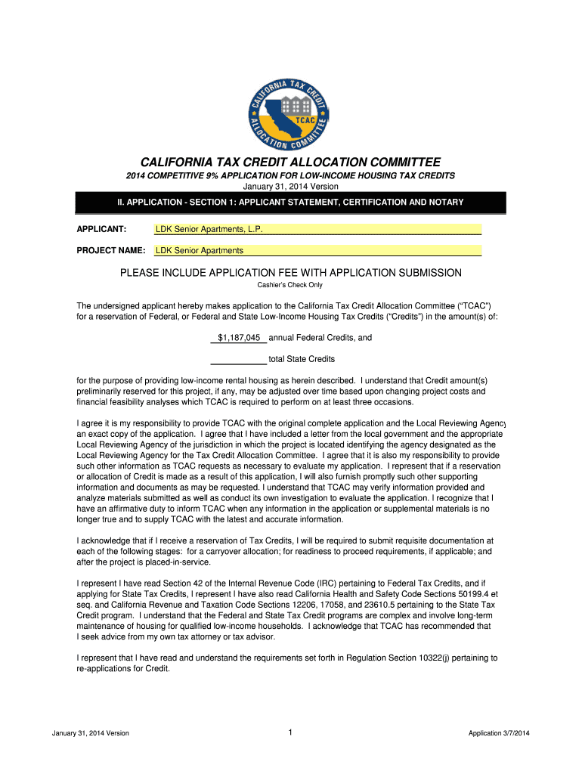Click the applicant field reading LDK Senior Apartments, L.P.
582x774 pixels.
coord(317,229)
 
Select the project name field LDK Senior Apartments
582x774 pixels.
coord(317,250)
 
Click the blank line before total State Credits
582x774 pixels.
coord(238,359)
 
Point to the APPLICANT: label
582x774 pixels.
coord(101,229)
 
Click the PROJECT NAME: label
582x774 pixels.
coord(112,250)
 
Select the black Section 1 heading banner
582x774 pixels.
coord(290,203)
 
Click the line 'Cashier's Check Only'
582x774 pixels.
coord(290,285)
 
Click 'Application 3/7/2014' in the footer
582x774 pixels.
coord(499,733)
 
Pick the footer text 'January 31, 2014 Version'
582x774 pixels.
coord(91,733)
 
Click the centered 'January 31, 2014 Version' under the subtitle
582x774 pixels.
coord(290,186)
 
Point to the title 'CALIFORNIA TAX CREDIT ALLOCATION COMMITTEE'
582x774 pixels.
coord(290,163)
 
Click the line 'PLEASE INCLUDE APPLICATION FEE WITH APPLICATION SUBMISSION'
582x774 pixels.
coord(290,272)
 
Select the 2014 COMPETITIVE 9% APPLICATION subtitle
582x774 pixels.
coord(290,175)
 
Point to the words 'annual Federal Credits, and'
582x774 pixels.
coord(320,338)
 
